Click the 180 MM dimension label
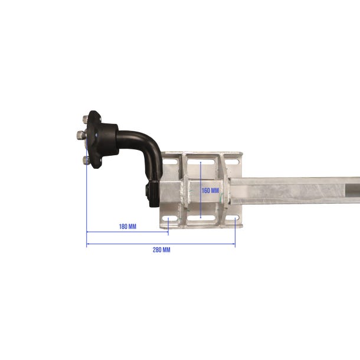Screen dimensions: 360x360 pyautogui.click(x=127, y=227)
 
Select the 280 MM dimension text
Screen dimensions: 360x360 pyautogui.click(x=161, y=250)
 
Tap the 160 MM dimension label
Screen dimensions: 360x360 pyautogui.click(x=210, y=191)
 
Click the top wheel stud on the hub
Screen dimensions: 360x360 pyautogui.click(x=85, y=119)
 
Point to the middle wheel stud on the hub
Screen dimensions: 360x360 pyautogui.click(x=80, y=135)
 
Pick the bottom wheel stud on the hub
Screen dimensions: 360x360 pyautogui.click(x=86, y=160)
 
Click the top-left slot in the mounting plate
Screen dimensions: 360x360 pyautogui.click(x=170, y=162)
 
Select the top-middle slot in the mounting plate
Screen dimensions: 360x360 pyautogui.click(x=201, y=162)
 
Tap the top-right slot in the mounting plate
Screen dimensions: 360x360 pyautogui.click(x=232, y=162)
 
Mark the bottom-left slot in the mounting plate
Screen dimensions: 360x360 pyautogui.click(x=170, y=218)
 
